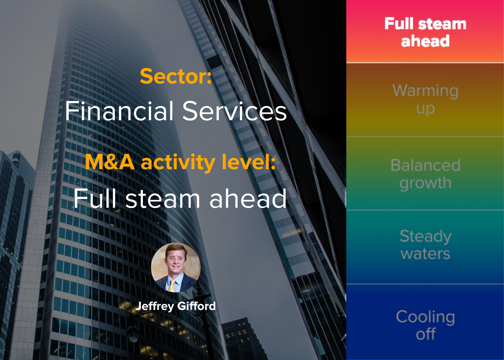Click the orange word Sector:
coord(176,76)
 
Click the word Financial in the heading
coord(119,111)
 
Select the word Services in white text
coord(234,111)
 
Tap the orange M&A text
coord(109,162)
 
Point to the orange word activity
coord(178,163)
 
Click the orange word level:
coord(249,162)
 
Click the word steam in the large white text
coord(162,199)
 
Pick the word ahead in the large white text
coord(248,198)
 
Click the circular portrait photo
coord(176,267)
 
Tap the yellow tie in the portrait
coord(172,286)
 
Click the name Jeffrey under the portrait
coord(155,306)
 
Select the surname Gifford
coord(197,306)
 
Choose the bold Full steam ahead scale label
coord(425,32)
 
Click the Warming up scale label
coord(425,99)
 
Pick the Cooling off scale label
coord(426,325)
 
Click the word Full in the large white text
coord(95,198)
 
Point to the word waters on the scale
coord(426,254)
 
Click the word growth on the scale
coord(426,184)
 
